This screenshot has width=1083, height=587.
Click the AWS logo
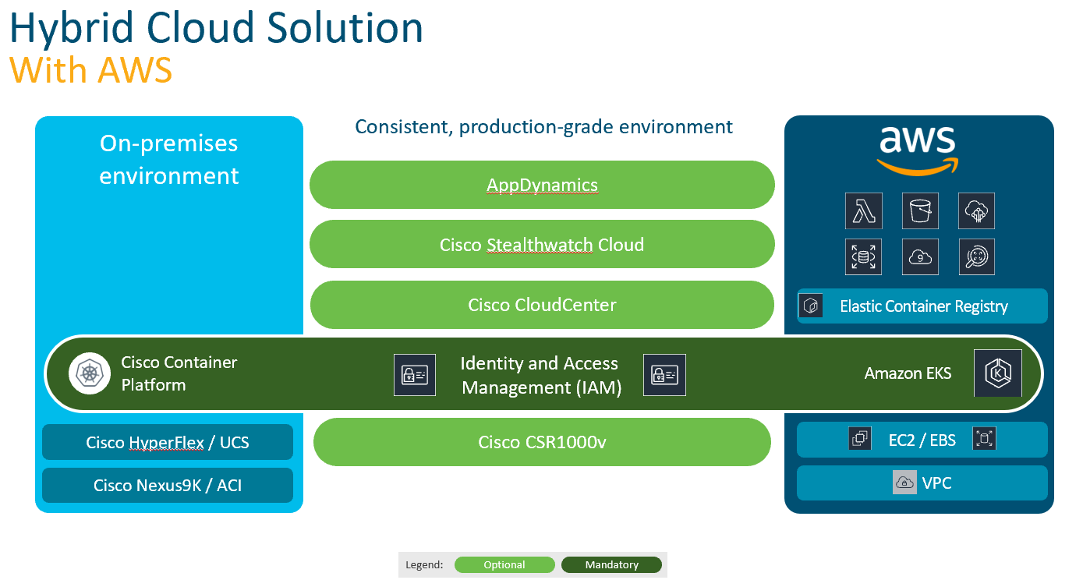click(917, 150)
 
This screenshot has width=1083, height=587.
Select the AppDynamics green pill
click(542, 185)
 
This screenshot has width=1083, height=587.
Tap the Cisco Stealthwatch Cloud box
click(542, 244)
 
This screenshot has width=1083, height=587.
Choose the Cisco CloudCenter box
click(542, 305)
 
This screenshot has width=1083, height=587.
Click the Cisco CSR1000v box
click(542, 442)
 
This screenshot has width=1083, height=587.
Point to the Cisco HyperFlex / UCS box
click(168, 442)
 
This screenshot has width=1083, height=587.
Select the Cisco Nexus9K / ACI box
click(168, 485)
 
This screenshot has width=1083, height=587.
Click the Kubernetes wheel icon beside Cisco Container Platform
click(90, 373)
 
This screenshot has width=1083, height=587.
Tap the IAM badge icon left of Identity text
click(414, 375)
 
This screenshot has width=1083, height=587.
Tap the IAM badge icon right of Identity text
click(664, 375)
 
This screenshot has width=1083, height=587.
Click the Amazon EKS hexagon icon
click(998, 373)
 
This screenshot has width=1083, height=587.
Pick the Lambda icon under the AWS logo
click(864, 210)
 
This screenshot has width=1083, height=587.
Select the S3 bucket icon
click(920, 210)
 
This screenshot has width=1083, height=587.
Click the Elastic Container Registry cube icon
click(812, 306)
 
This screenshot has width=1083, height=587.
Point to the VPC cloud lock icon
click(904, 483)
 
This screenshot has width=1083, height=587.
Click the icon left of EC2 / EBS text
click(860, 439)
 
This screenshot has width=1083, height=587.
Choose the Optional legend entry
click(504, 565)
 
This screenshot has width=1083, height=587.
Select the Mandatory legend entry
click(611, 565)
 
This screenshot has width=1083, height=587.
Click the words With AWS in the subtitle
click(90, 71)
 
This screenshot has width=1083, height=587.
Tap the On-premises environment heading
click(168, 159)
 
